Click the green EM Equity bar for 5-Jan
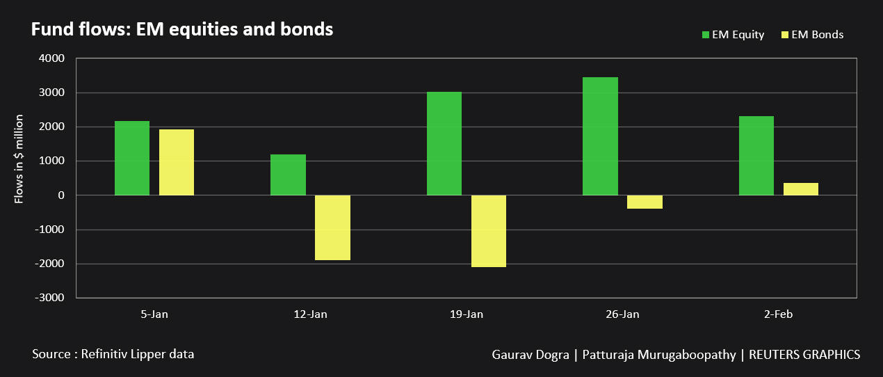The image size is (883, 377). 132,158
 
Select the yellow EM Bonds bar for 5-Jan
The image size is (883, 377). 177,162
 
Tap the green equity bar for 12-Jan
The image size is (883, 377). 288,175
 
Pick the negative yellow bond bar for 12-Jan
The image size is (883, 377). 332,227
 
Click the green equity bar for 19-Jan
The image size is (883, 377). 444,143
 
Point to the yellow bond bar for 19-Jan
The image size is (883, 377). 489,231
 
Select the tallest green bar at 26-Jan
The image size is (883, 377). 600,136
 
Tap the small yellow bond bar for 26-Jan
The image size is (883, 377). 645,202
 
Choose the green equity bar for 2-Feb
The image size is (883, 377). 756,156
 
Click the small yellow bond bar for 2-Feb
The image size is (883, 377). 801,189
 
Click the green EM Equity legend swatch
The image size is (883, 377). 706,35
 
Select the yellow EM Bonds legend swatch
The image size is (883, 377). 785,35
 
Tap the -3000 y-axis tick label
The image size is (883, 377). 49,298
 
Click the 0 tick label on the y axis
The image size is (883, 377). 61,195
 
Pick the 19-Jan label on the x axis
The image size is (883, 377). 467,314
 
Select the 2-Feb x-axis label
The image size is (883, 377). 778,314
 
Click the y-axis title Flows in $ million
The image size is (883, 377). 19,159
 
